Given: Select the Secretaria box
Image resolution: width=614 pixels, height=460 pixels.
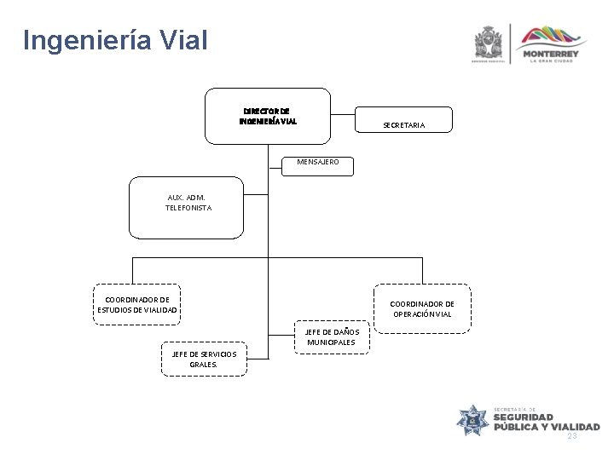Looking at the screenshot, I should point(403,124).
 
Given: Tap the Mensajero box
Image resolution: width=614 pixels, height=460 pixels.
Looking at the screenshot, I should point(316,162).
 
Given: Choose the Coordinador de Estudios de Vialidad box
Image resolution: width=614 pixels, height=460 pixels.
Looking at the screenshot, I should point(137,304).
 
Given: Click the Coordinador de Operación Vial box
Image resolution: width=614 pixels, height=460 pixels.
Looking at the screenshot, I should point(422,308).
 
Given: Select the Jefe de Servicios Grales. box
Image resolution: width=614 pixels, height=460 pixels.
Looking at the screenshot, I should point(203,359).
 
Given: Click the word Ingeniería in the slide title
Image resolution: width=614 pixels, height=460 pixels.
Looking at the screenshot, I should point(81,40).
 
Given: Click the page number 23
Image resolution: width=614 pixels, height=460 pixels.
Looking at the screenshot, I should point(571,435).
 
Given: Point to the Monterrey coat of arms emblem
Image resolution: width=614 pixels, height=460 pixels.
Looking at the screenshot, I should point(488,43).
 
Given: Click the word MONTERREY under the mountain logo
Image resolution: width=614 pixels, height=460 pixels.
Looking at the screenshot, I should point(553,53).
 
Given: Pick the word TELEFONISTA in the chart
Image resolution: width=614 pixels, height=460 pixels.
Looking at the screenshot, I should point(188,208).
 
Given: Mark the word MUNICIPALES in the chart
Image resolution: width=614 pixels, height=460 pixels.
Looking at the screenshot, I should point(331,342).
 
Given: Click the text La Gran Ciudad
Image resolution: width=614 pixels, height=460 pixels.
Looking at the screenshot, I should point(553,61).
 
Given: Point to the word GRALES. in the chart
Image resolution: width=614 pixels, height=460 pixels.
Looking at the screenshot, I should point(203,364).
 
